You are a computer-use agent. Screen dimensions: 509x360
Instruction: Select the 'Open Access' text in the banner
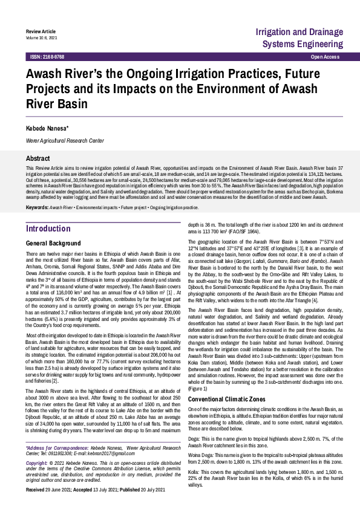point(325,56)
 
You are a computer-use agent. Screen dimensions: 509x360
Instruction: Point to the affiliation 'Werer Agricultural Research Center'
point(65,140)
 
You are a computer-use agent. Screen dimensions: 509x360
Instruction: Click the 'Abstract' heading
point(38,157)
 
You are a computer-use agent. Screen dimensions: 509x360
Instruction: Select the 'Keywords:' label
point(37,207)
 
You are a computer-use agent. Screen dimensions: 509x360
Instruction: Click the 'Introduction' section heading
point(48,229)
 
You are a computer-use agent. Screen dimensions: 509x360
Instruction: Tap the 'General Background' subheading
point(54,242)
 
